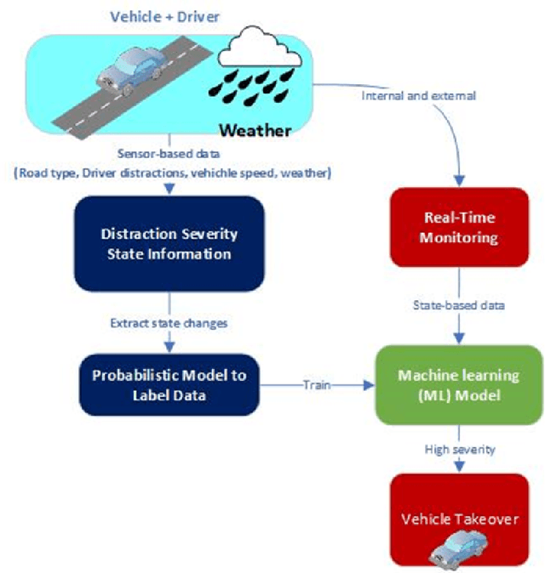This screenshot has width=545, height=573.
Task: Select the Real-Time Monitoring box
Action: tap(460, 229)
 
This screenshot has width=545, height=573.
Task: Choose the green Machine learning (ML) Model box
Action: tap(460, 385)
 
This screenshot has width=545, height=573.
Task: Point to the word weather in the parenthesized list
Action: tap(307, 173)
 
